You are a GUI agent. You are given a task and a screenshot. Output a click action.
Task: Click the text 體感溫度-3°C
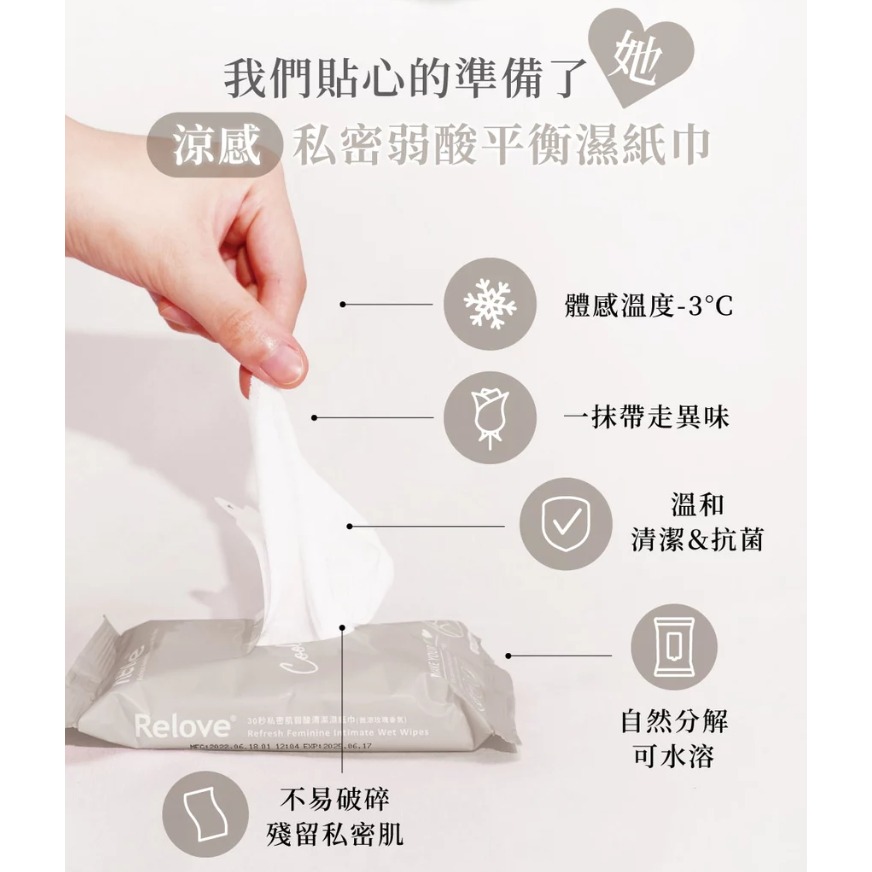[648, 304]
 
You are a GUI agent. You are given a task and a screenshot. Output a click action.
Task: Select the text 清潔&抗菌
[698, 540]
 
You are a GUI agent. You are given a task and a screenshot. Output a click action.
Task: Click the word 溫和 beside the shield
[698, 504]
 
